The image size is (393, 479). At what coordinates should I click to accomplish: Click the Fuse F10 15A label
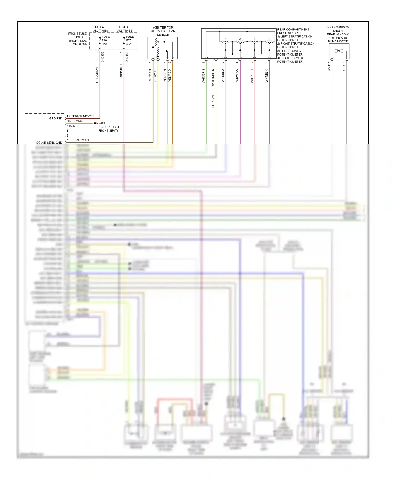coord(105,40)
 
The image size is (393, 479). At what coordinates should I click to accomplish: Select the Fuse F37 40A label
coord(129,40)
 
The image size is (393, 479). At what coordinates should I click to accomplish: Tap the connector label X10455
coord(103,57)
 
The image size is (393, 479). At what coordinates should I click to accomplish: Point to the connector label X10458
coord(127,57)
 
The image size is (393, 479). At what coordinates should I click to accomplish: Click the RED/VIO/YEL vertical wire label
coord(97,74)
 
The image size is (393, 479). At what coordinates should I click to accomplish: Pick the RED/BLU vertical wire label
coord(121,70)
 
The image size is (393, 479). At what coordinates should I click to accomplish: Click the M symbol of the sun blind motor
coord(339,51)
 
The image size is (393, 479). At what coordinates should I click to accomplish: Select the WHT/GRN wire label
coord(204,76)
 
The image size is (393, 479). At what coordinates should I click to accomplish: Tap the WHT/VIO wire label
coord(238,75)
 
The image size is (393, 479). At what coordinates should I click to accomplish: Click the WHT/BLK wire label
coord(267,76)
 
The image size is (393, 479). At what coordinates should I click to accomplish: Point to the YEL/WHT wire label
coord(155,76)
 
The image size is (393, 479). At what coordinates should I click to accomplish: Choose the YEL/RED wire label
coord(170,75)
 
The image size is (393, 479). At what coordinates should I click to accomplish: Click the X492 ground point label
coord(102,123)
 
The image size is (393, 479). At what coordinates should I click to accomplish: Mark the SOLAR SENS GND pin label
coord(49,143)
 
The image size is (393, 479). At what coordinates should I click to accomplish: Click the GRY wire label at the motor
coord(344,68)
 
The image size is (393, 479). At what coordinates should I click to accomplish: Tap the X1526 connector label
coord(70,126)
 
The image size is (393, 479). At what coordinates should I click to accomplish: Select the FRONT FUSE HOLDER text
coord(77,39)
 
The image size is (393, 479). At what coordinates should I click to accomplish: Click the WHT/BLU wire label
coord(223,76)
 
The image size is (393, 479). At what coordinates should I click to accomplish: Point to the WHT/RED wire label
coord(252,76)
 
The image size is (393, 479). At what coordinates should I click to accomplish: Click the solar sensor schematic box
coord(162,48)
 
